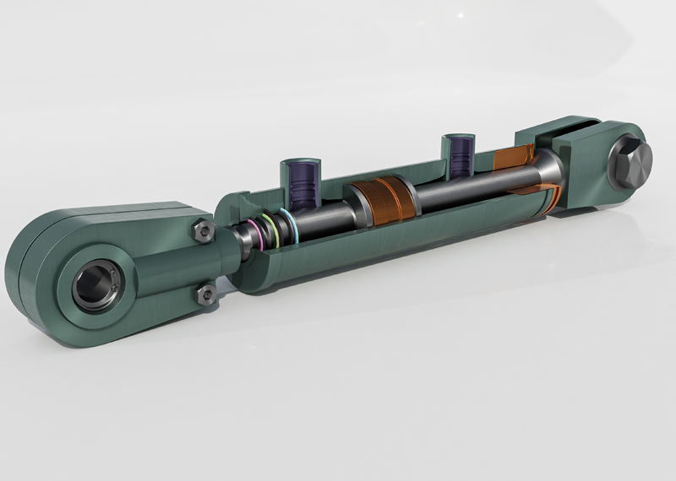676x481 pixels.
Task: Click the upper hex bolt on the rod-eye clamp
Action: coord(202,231)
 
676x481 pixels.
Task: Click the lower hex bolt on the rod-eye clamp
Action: coord(205,295)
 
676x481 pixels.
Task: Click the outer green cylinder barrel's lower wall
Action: coord(380,253)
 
